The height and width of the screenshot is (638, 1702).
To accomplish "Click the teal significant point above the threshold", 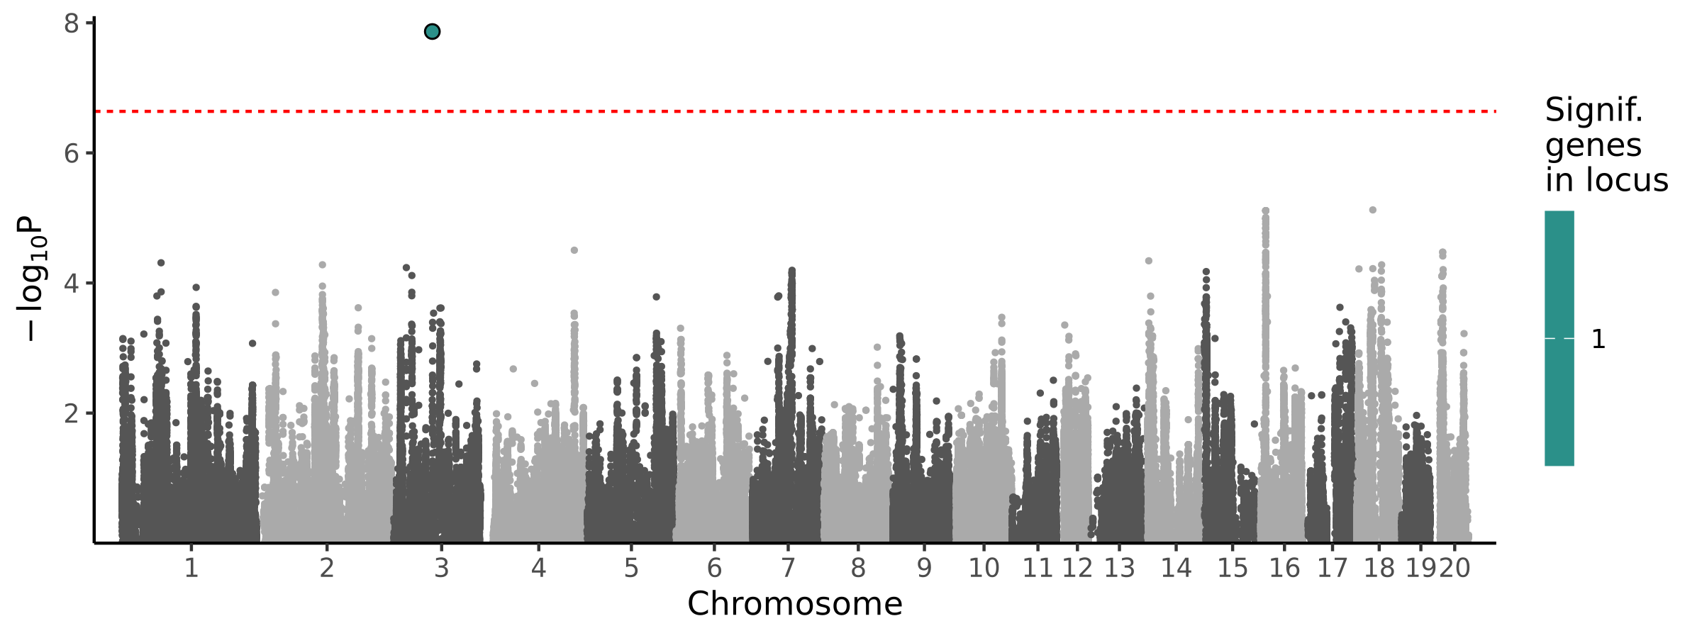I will pyautogui.click(x=432, y=32).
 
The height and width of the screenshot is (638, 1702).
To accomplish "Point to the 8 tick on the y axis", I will pyautogui.click(x=72, y=24).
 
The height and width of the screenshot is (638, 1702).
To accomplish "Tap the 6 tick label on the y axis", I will pyautogui.click(x=72, y=154).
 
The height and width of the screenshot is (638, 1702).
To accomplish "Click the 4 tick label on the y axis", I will pyautogui.click(x=72, y=284).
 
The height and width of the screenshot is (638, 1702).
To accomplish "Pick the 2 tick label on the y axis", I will pyautogui.click(x=72, y=413).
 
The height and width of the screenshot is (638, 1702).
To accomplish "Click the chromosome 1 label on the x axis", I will pyautogui.click(x=191, y=568).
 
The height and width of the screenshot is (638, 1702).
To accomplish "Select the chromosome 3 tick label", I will pyautogui.click(x=441, y=568).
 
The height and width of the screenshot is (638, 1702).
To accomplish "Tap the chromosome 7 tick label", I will pyautogui.click(x=788, y=568).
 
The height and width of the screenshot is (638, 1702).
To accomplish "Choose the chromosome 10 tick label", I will pyautogui.click(x=984, y=568).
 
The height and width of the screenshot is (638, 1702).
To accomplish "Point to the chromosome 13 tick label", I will pyautogui.click(x=1119, y=568).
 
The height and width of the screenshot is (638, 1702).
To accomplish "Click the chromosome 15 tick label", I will pyautogui.click(x=1233, y=568).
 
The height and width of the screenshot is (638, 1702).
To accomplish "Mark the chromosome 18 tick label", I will pyautogui.click(x=1379, y=568).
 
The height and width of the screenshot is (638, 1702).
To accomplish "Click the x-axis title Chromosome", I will pyautogui.click(x=794, y=604).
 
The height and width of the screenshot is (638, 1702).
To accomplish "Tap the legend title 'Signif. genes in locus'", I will pyautogui.click(x=1606, y=145).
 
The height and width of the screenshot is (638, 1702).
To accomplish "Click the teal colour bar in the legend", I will pyautogui.click(x=1559, y=338).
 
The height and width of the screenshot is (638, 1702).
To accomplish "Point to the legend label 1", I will pyautogui.click(x=1598, y=340).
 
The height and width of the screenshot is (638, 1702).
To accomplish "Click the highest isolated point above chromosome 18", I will pyautogui.click(x=1372, y=210).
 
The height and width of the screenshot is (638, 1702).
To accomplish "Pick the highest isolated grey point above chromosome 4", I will pyautogui.click(x=574, y=250).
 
